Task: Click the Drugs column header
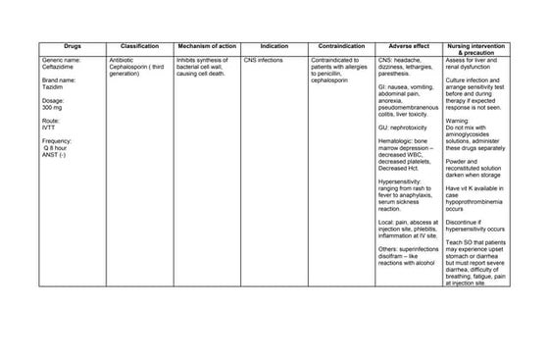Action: point(73,46)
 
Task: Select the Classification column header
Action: point(139,46)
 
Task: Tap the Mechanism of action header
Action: point(206,46)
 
